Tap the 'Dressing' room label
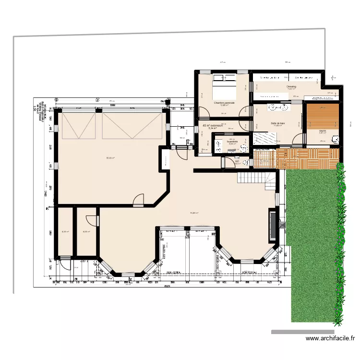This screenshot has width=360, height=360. click(x=291, y=87)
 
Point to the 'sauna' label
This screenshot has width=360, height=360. click(x=323, y=130)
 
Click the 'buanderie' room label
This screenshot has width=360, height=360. click(x=232, y=141)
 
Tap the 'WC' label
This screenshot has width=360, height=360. click(x=237, y=161)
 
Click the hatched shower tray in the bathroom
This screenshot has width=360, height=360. click(x=265, y=137)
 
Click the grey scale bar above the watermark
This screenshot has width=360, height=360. click(x=302, y=332)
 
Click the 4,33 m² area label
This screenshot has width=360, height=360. click(x=65, y=232)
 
